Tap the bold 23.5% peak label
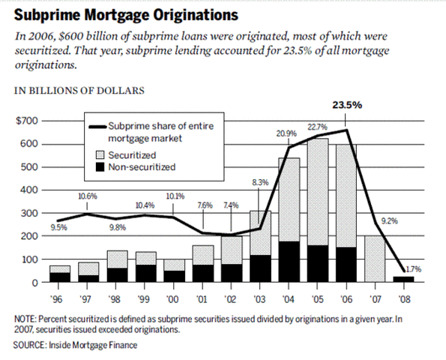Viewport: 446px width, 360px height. coord(347,105)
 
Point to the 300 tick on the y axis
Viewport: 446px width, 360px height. coord(30,214)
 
